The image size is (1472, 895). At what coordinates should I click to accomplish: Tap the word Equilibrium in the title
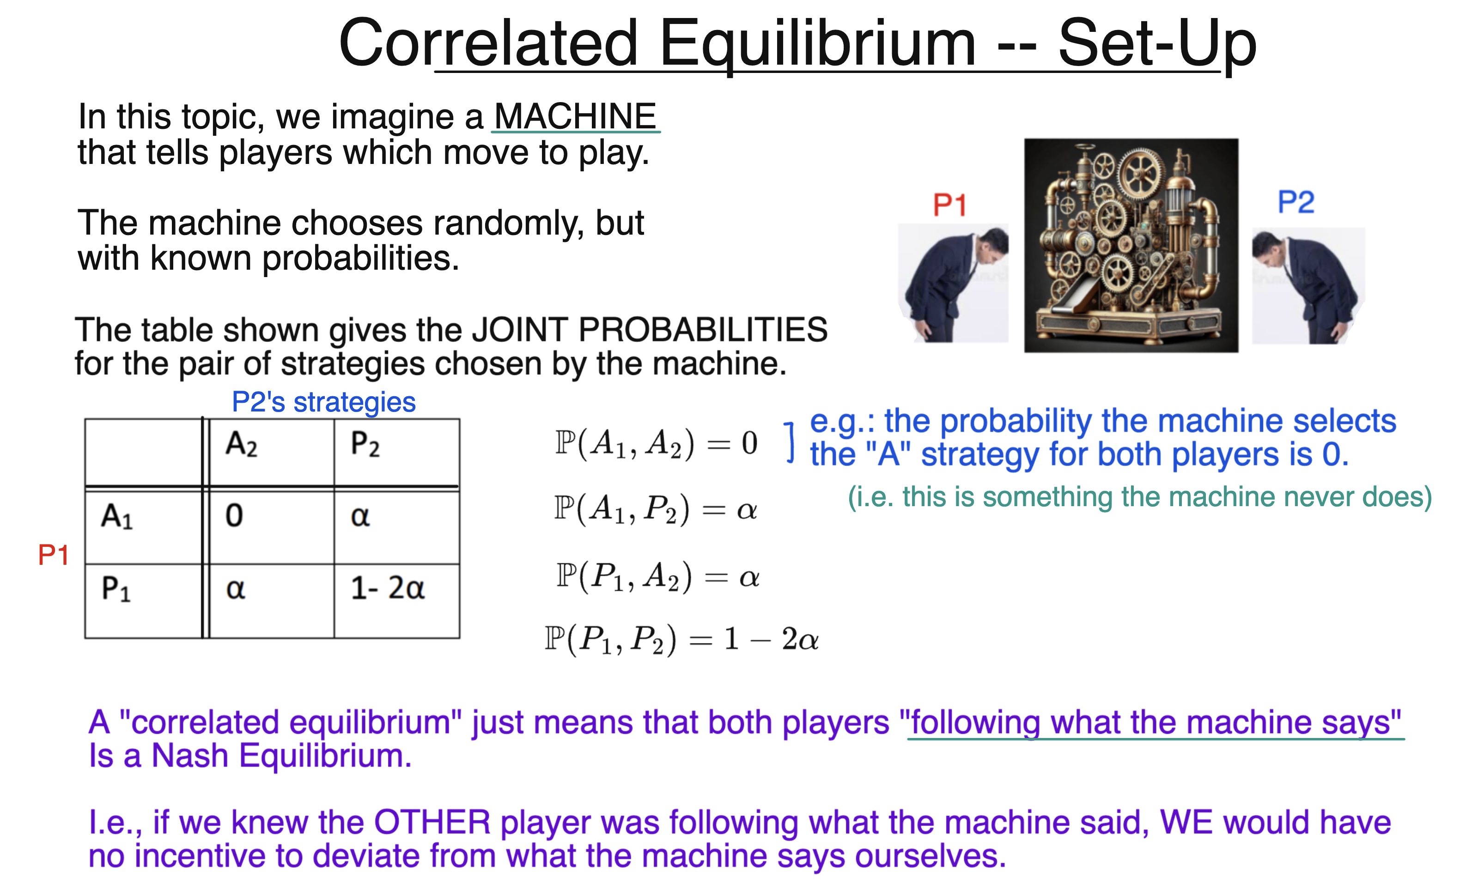tap(817, 43)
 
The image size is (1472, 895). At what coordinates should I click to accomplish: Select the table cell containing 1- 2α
tap(396, 600)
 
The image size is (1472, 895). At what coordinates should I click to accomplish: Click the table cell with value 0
tap(271, 526)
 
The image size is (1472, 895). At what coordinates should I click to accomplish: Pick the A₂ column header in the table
tap(271, 452)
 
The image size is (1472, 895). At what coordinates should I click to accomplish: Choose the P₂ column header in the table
tap(396, 452)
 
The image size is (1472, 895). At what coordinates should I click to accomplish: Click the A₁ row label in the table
tap(143, 526)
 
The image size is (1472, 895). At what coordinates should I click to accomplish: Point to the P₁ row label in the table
tap(143, 600)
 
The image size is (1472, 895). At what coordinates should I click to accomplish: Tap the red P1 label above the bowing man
tap(950, 206)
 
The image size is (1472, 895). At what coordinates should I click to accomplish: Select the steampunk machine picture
tap(1131, 245)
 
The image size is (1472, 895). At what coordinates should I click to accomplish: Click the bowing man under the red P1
tap(954, 284)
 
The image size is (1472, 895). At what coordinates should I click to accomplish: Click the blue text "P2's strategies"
tap(323, 402)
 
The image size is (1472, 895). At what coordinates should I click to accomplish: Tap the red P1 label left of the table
tap(53, 555)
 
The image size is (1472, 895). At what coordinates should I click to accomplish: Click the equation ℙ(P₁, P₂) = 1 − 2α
tap(681, 640)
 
